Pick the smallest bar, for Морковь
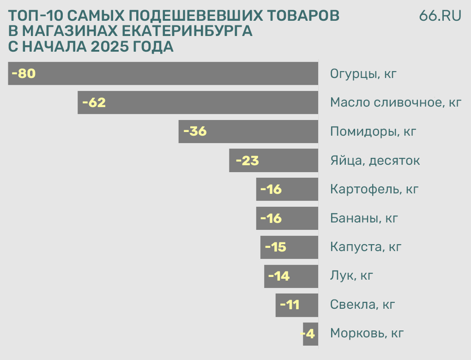click(310, 334)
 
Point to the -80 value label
click(24, 73)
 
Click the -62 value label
click(94, 102)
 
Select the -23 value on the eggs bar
click(247, 161)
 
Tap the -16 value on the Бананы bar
click(271, 218)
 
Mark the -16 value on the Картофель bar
click(271, 189)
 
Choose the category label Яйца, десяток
click(375, 161)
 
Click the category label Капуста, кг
click(366, 247)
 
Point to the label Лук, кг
click(351, 276)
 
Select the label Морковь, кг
click(367, 334)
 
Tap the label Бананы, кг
click(364, 218)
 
